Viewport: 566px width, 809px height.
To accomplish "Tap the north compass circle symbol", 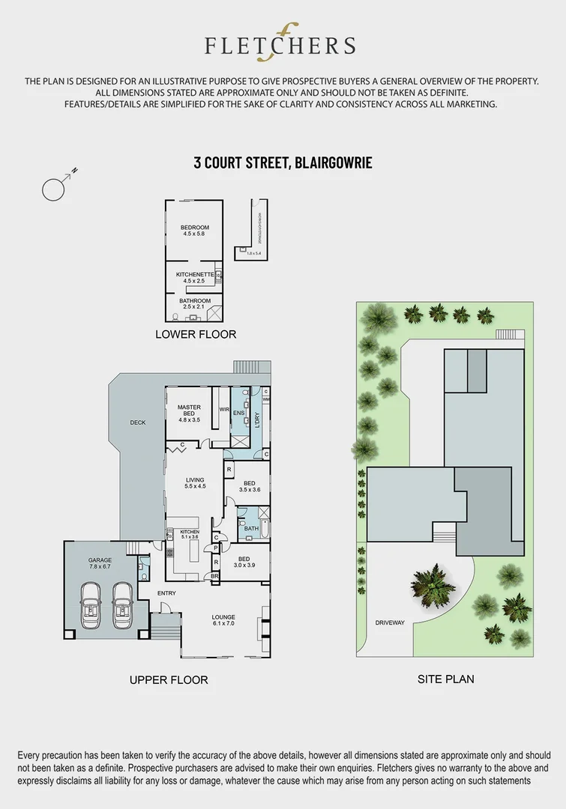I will point(55,190).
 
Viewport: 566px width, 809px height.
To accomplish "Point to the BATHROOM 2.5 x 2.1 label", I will point(194,303).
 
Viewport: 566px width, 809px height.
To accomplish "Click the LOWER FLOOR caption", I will point(195,334).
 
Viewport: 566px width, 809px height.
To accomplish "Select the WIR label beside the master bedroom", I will point(223,410).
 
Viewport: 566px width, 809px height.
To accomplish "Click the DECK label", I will point(137,422).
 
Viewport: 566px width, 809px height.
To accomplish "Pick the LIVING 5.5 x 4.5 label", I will point(195,483).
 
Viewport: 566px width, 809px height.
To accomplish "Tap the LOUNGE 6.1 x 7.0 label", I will point(223,621).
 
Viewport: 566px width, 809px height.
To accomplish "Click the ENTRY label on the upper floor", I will point(166,593).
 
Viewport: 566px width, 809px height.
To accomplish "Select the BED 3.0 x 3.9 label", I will point(244,562).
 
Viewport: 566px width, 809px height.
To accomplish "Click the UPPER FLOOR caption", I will point(169,680).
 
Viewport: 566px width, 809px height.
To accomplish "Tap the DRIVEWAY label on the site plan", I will point(390,622).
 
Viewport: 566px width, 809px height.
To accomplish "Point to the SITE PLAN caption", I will point(445,679).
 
